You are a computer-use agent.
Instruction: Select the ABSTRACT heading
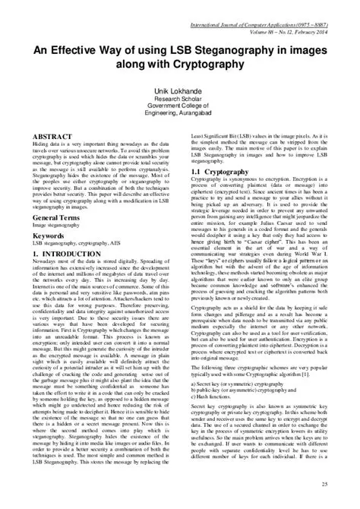pyautogui.click(x=52, y=134)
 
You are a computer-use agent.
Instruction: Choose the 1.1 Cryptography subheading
pyautogui.click(x=220, y=174)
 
